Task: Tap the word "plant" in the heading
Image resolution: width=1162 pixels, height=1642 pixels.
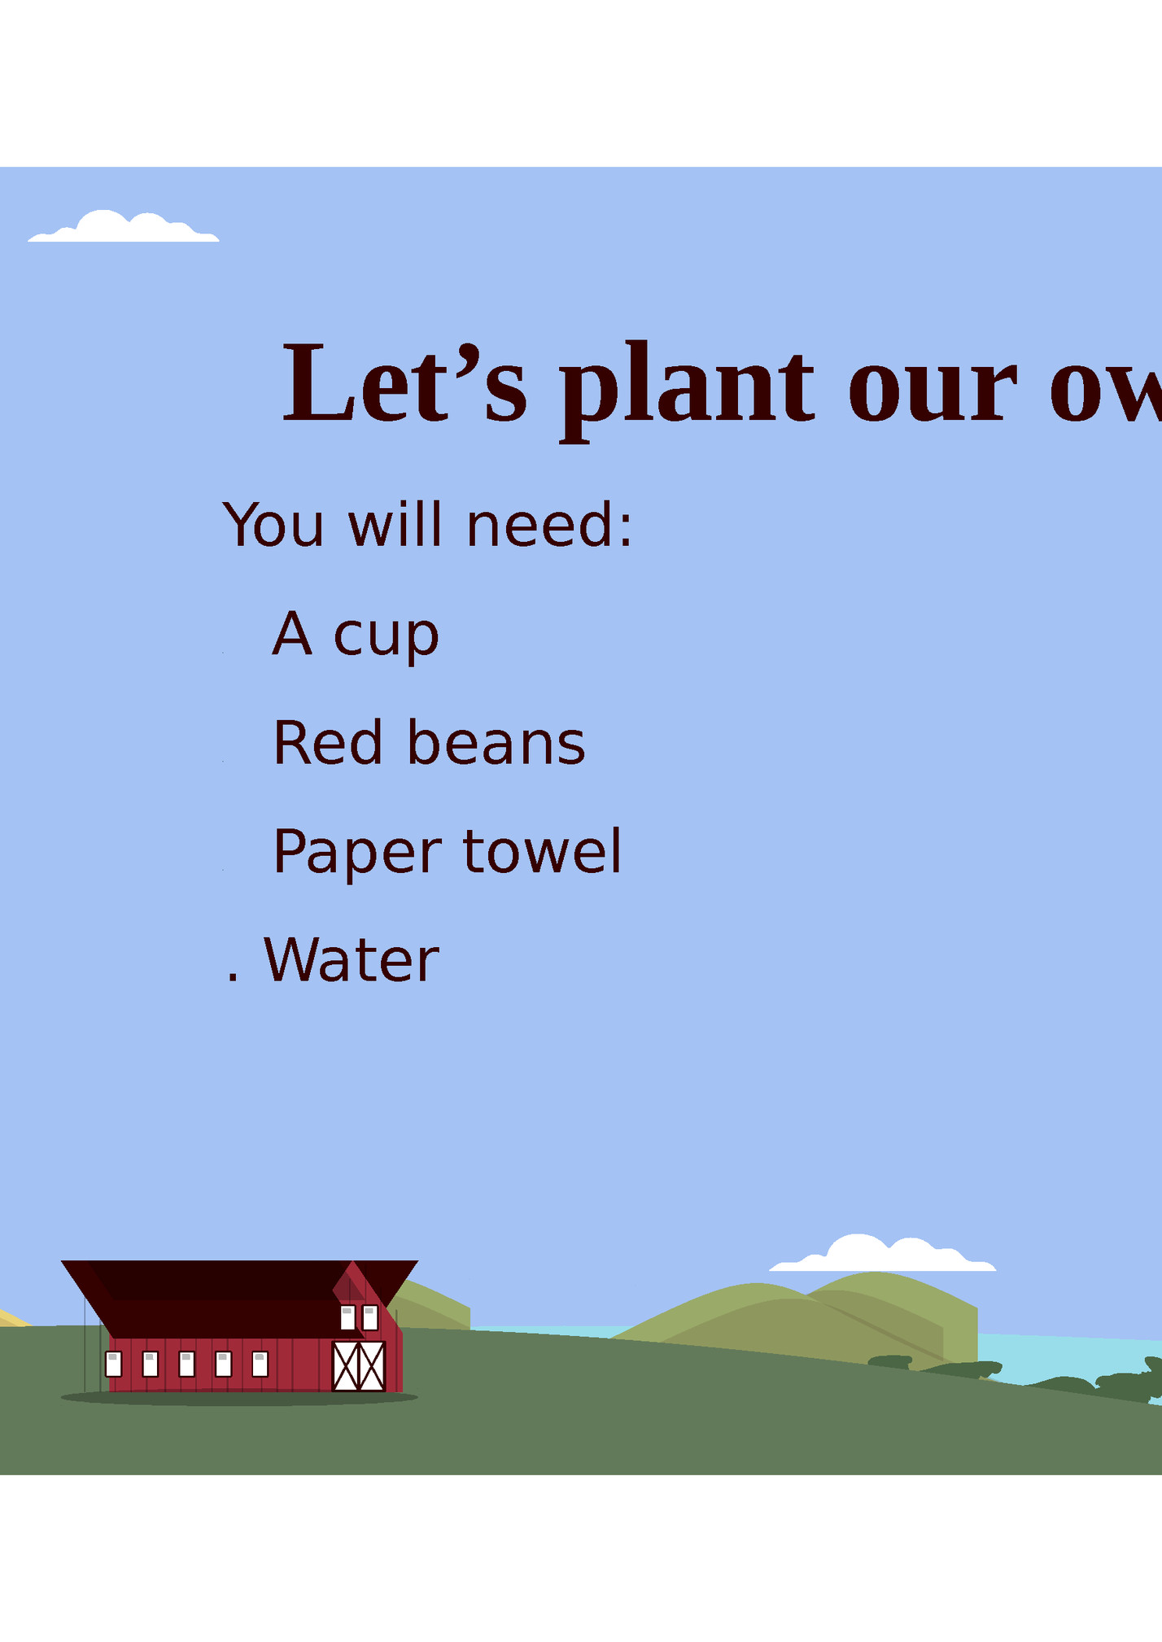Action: pyautogui.click(x=686, y=389)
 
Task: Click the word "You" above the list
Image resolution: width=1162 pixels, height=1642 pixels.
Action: pyautogui.click(x=273, y=525)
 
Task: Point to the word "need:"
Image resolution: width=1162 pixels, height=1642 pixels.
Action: pyautogui.click(x=549, y=525)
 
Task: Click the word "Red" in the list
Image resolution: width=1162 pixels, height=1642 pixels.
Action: pyautogui.click(x=327, y=743)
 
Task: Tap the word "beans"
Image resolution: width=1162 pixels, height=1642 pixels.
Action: pyautogui.click(x=496, y=743)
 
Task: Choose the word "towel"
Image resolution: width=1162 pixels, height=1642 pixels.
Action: pyautogui.click(x=542, y=851)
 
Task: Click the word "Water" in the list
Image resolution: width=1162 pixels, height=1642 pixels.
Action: pyautogui.click(x=352, y=960)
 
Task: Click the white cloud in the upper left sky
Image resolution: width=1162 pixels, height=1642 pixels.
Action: pyautogui.click(x=124, y=228)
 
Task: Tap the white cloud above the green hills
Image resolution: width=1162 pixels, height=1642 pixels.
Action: pyautogui.click(x=882, y=1254)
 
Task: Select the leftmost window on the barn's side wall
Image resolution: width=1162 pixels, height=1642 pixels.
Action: pyautogui.click(x=114, y=1364)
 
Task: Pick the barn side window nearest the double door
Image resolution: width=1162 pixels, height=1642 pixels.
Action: pyautogui.click(x=260, y=1364)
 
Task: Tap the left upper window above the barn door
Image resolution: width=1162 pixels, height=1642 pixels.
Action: pyautogui.click(x=347, y=1317)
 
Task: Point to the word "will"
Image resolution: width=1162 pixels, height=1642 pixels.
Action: pyautogui.click(x=395, y=525)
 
